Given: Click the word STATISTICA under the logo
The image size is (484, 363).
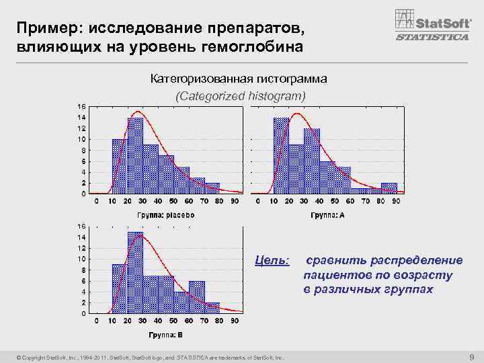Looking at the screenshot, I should [432, 37].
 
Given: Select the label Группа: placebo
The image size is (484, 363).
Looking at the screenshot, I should [166, 215].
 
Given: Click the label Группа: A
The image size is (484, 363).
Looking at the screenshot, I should [328, 215].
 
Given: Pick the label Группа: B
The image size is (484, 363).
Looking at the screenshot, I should [165, 335].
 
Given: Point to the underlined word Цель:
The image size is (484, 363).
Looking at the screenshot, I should [274, 260].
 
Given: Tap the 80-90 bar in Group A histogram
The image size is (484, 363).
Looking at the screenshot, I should [389, 188].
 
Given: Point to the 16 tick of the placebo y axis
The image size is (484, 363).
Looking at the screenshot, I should [81, 107].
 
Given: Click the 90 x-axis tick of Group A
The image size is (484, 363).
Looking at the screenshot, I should [397, 201].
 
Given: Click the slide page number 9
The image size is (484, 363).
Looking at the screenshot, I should [471, 356].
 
